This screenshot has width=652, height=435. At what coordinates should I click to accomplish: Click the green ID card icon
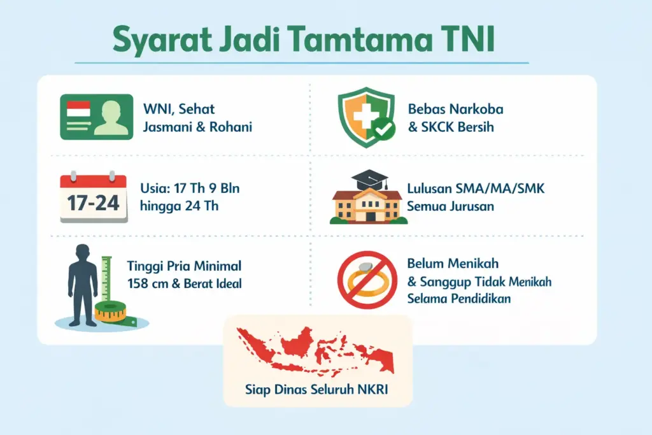coord(96,117)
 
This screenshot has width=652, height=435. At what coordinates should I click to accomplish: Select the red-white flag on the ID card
coord(78,110)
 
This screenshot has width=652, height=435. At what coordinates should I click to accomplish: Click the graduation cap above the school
coord(369,179)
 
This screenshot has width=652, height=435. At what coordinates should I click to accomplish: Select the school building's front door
coord(369,215)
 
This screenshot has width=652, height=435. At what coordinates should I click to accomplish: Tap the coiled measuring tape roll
coord(111,313)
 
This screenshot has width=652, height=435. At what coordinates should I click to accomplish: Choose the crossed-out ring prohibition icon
coord(367,280)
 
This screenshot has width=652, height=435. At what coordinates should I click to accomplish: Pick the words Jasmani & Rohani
coord(197,127)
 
